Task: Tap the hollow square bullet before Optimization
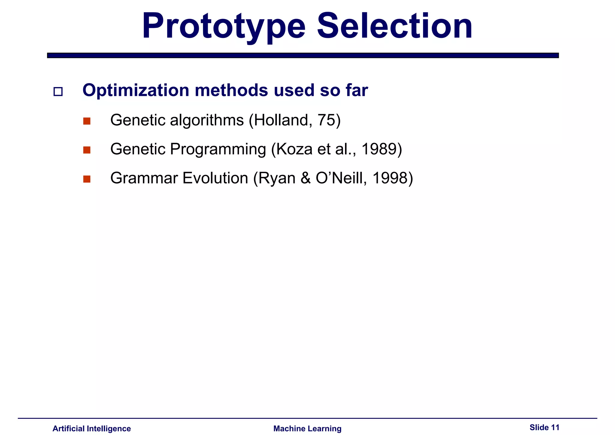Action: pyautogui.click(x=58, y=92)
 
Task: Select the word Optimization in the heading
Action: pyautogui.click(x=136, y=90)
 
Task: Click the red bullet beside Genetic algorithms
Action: pyautogui.click(x=87, y=121)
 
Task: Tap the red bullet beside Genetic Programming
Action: pyautogui.click(x=87, y=150)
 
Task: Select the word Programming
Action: pyautogui.click(x=218, y=149)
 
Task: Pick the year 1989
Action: pyautogui.click(x=379, y=149)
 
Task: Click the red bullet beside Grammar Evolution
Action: pyautogui.click(x=87, y=179)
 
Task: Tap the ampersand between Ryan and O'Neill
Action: pyautogui.click(x=305, y=178)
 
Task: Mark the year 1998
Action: pyautogui.click(x=389, y=178)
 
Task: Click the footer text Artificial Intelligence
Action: pyautogui.click(x=92, y=428)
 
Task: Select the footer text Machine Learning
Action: pyautogui.click(x=307, y=428)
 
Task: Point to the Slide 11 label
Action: pyautogui.click(x=544, y=427)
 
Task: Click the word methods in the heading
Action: pyautogui.click(x=231, y=90)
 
